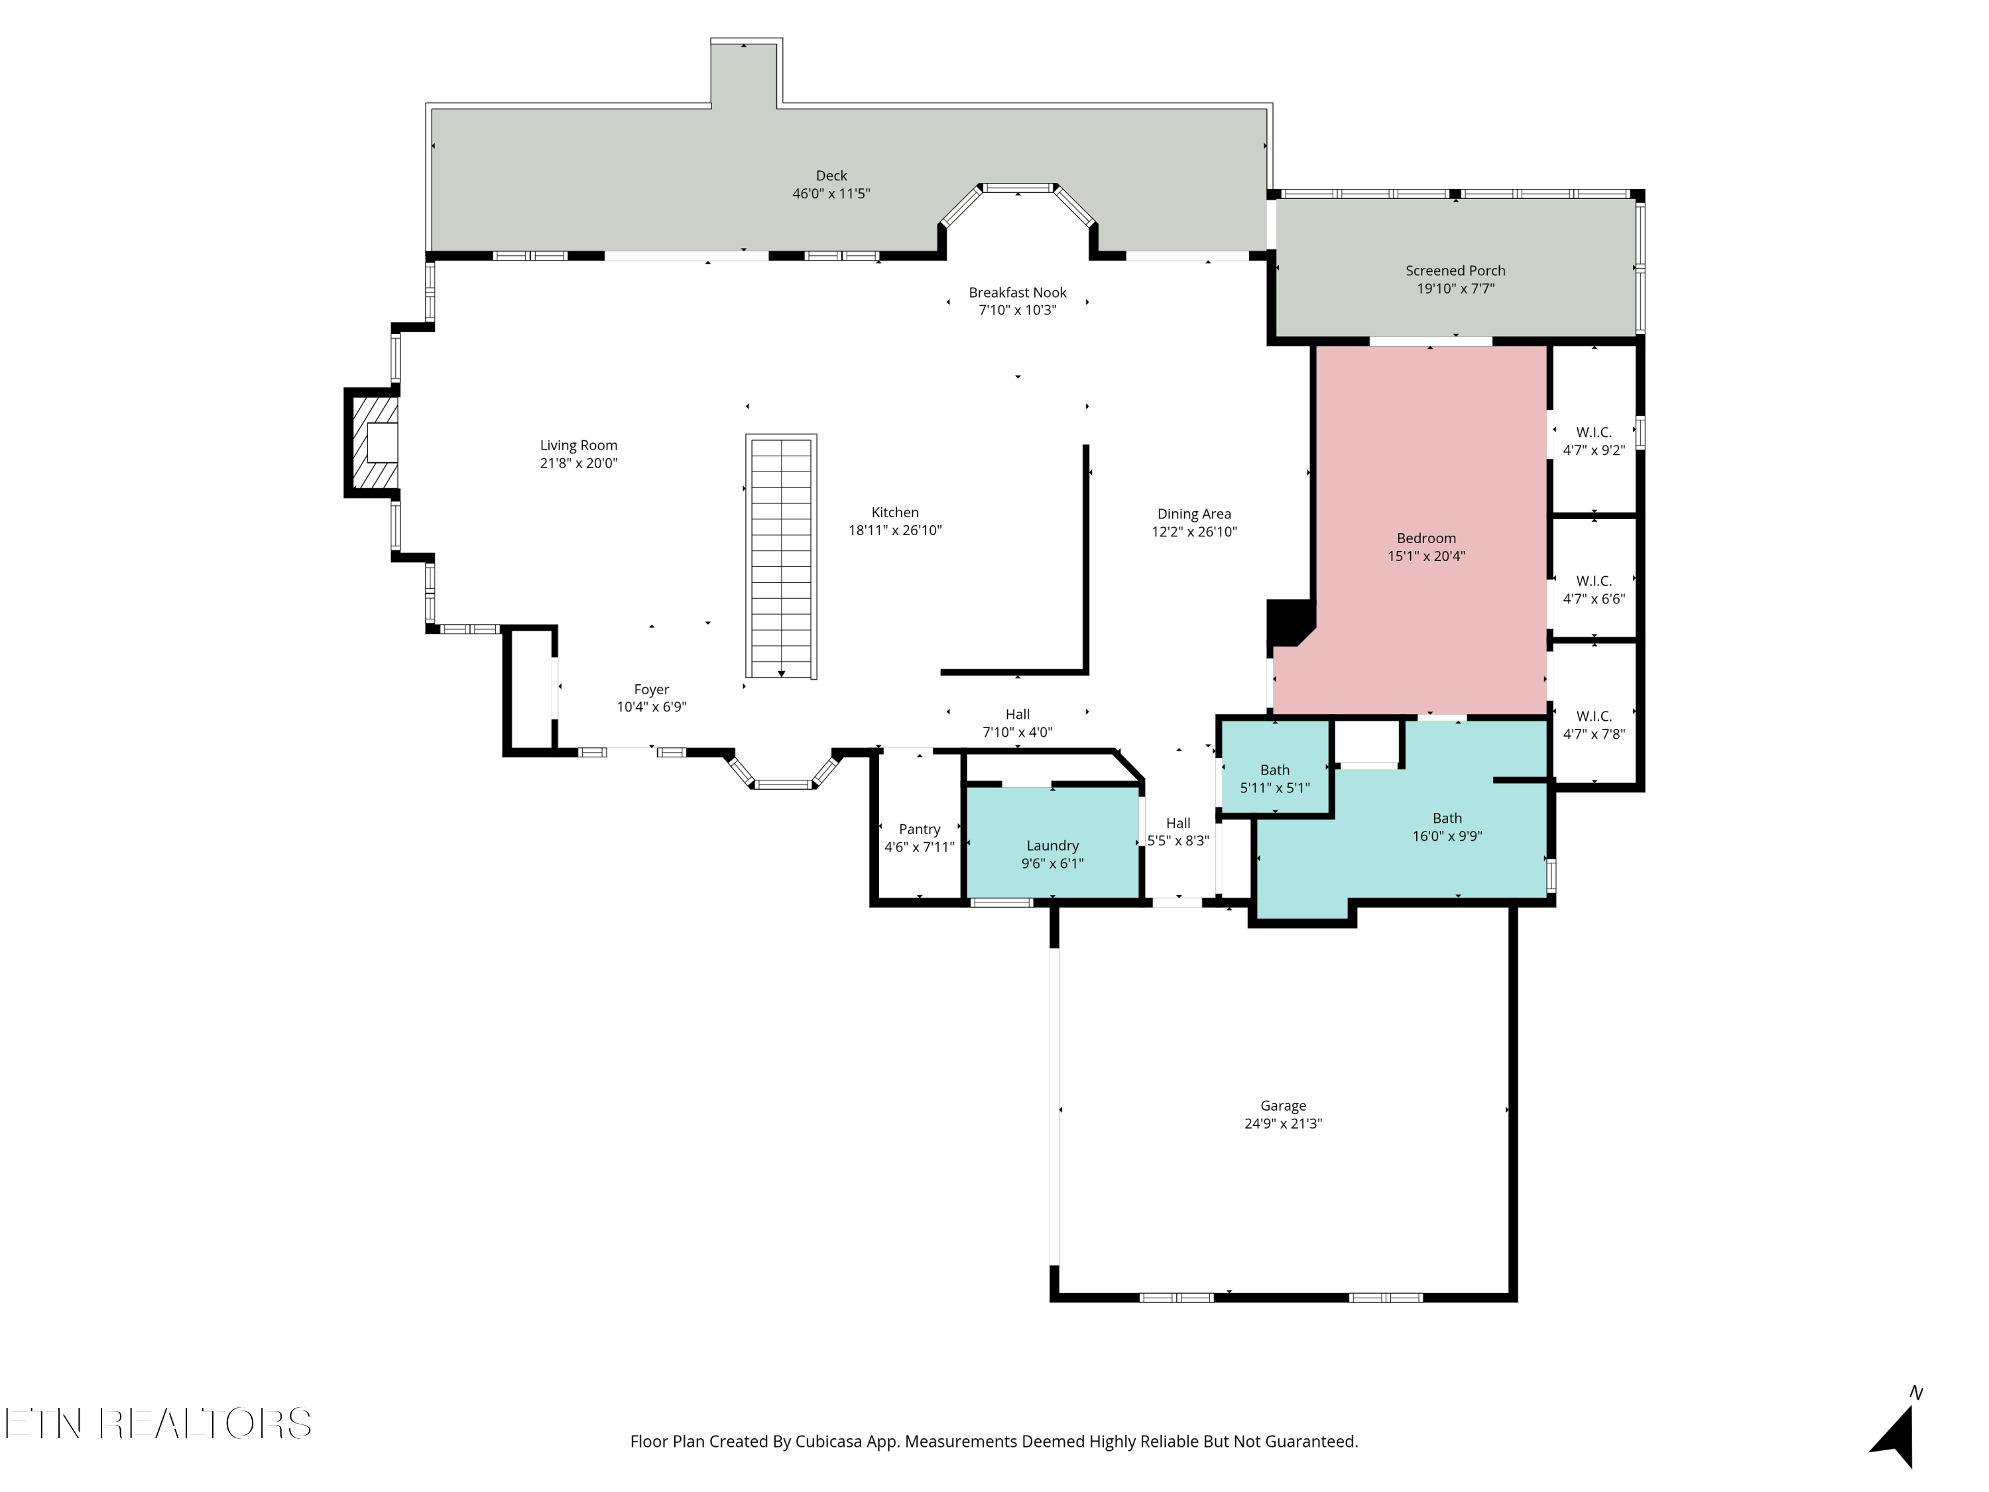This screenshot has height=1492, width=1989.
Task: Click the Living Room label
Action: point(578,445)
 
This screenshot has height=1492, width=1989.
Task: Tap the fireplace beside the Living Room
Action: point(372,442)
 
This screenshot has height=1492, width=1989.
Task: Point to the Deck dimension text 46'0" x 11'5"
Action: point(831,194)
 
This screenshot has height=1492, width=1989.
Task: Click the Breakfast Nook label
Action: point(1017,292)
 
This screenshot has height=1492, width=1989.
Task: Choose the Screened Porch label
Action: point(1455,271)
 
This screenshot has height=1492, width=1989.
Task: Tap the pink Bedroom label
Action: point(1426,538)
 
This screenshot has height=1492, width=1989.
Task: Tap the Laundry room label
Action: point(1052,846)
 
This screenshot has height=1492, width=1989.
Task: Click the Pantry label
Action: point(919,829)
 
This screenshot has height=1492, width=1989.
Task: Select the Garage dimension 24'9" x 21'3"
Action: point(1283,1123)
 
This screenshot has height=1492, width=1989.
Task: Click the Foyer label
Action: point(651,690)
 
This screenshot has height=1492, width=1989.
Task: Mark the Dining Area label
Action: point(1194,515)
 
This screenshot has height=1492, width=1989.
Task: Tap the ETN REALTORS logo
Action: point(158,1424)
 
